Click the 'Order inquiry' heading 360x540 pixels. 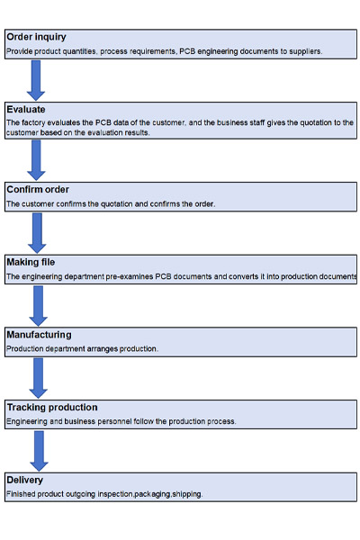point(36,37)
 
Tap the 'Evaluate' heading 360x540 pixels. point(26,110)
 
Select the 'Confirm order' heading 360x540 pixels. point(38,189)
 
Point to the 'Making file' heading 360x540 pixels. point(31,262)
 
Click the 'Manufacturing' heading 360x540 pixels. point(39,335)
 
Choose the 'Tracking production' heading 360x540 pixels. point(52,408)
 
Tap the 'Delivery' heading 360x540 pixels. point(24,480)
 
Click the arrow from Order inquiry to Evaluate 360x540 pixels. point(36,81)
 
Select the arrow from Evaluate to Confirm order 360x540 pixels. point(36,160)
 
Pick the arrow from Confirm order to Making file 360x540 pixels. point(37,233)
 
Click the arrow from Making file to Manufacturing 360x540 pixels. point(38,306)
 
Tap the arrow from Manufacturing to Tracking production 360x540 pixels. point(38,378)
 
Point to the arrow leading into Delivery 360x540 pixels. point(39,451)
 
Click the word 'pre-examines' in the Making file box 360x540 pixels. point(130,276)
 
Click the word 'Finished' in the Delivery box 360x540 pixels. point(21,494)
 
